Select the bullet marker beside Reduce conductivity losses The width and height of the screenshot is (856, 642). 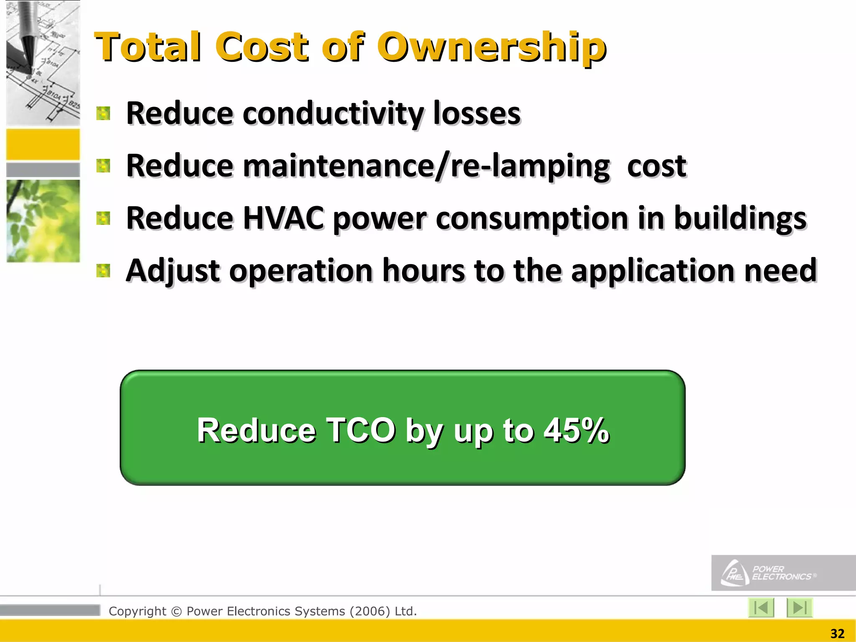coord(103,113)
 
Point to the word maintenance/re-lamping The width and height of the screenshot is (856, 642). coord(426,166)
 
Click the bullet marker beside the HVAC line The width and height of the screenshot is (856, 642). coord(103,218)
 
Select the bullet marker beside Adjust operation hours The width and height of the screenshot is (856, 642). coord(103,271)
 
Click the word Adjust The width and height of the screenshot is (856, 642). coord(173,271)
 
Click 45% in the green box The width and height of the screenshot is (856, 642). coord(576,430)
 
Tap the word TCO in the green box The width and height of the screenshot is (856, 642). coord(360,430)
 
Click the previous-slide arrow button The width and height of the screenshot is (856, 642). coord(761,607)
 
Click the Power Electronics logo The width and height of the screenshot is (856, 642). coord(769,573)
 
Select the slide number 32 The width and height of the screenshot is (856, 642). coord(837,634)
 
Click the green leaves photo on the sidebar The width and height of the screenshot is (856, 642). coord(43,221)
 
